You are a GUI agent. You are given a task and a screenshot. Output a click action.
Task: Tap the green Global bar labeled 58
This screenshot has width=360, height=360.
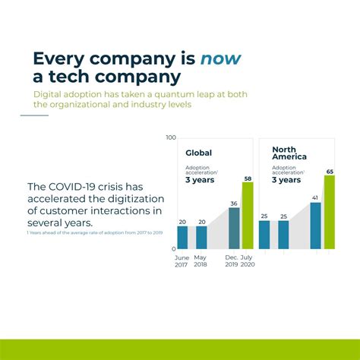(247, 216)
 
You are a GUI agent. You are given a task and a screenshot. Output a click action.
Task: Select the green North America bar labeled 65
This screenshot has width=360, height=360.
(330, 213)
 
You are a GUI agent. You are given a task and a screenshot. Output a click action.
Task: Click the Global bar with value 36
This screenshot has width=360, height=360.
(234, 228)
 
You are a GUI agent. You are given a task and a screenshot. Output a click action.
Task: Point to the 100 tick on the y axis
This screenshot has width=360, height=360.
(171, 137)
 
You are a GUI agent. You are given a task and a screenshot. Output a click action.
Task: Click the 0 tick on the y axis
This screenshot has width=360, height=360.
(174, 248)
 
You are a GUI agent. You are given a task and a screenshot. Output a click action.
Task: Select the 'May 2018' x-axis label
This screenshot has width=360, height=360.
(201, 261)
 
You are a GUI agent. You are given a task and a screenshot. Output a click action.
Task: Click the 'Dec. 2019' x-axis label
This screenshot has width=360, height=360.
(232, 261)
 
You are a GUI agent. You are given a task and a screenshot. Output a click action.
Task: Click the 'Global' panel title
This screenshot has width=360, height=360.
(199, 153)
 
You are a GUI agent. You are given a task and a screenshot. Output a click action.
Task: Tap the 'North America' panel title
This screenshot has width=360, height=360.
(289, 152)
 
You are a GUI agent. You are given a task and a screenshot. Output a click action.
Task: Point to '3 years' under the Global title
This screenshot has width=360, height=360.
(201, 181)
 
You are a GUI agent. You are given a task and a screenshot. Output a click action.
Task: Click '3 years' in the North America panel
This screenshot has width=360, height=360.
(286, 180)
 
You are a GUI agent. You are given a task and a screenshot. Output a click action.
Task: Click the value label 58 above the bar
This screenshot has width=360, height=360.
(248, 179)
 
